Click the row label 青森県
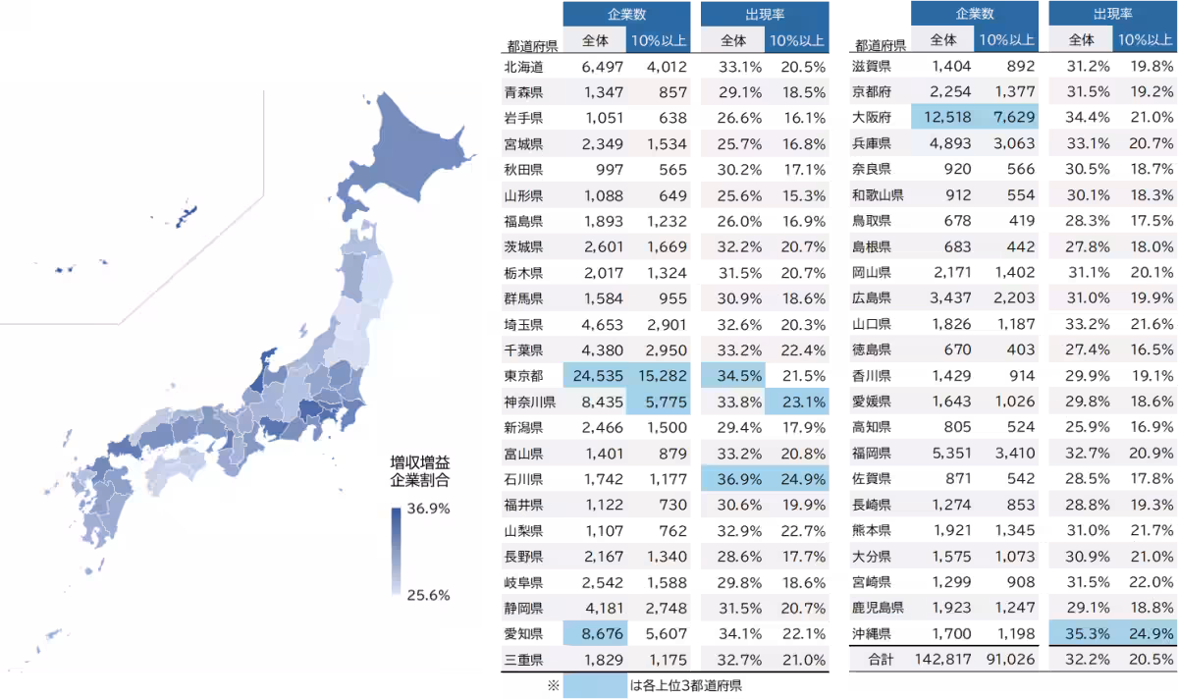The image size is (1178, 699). click(x=523, y=92)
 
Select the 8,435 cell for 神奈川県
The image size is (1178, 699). click(x=595, y=402)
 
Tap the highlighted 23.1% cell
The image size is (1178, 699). click(x=796, y=402)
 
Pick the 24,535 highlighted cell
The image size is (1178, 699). click(x=595, y=374)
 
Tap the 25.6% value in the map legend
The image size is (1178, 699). click(x=428, y=595)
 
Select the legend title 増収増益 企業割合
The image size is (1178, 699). click(x=419, y=471)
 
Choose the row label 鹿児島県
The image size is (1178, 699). click(x=878, y=608)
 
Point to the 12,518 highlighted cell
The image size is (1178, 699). click(x=942, y=118)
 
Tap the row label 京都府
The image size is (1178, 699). click(x=872, y=92)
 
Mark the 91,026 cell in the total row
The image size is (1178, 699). click(x=1006, y=660)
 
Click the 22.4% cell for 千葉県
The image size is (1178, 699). click(x=796, y=349)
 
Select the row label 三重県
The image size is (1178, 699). click(x=523, y=660)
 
